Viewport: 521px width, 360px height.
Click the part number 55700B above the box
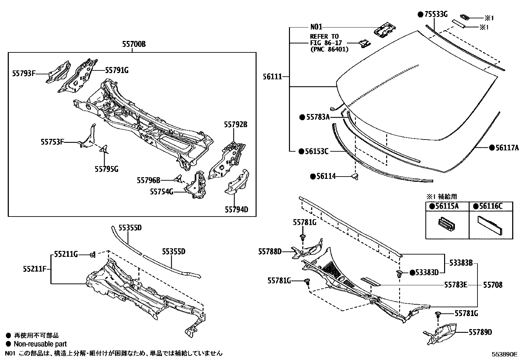[x=134, y=44]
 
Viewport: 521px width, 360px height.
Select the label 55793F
[x=24, y=73]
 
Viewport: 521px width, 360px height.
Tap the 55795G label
[x=106, y=169]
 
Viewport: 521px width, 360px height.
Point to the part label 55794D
[x=236, y=209]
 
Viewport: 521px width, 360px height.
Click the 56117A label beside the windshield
[x=507, y=148]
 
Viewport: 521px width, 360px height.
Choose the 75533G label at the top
[x=436, y=14]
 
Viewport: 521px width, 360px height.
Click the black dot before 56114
[x=313, y=176]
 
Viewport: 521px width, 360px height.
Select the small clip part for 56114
[x=355, y=177]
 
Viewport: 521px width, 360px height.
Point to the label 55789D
[x=480, y=332]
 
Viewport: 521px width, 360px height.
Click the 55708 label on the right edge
[x=493, y=285]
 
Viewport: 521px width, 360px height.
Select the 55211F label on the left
[x=34, y=269]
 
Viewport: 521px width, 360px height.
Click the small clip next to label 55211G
[x=93, y=254]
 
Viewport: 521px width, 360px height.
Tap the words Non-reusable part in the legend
[x=40, y=344]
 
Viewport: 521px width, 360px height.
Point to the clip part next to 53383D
[x=399, y=275]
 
